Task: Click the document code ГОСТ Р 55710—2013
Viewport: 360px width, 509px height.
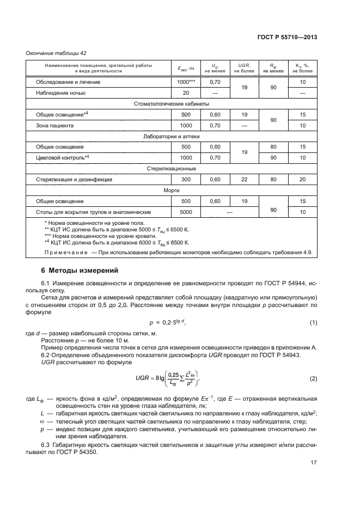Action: (x=286, y=38)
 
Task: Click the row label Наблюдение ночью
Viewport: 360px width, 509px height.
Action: (x=60, y=93)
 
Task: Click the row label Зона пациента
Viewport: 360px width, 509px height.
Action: (x=54, y=125)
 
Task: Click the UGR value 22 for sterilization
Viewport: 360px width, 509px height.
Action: (x=244, y=179)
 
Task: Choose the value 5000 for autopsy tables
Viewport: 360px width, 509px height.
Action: (x=186, y=212)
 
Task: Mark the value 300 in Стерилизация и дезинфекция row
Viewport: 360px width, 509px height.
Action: (x=186, y=179)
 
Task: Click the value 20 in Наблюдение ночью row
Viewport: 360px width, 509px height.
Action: (x=186, y=93)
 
